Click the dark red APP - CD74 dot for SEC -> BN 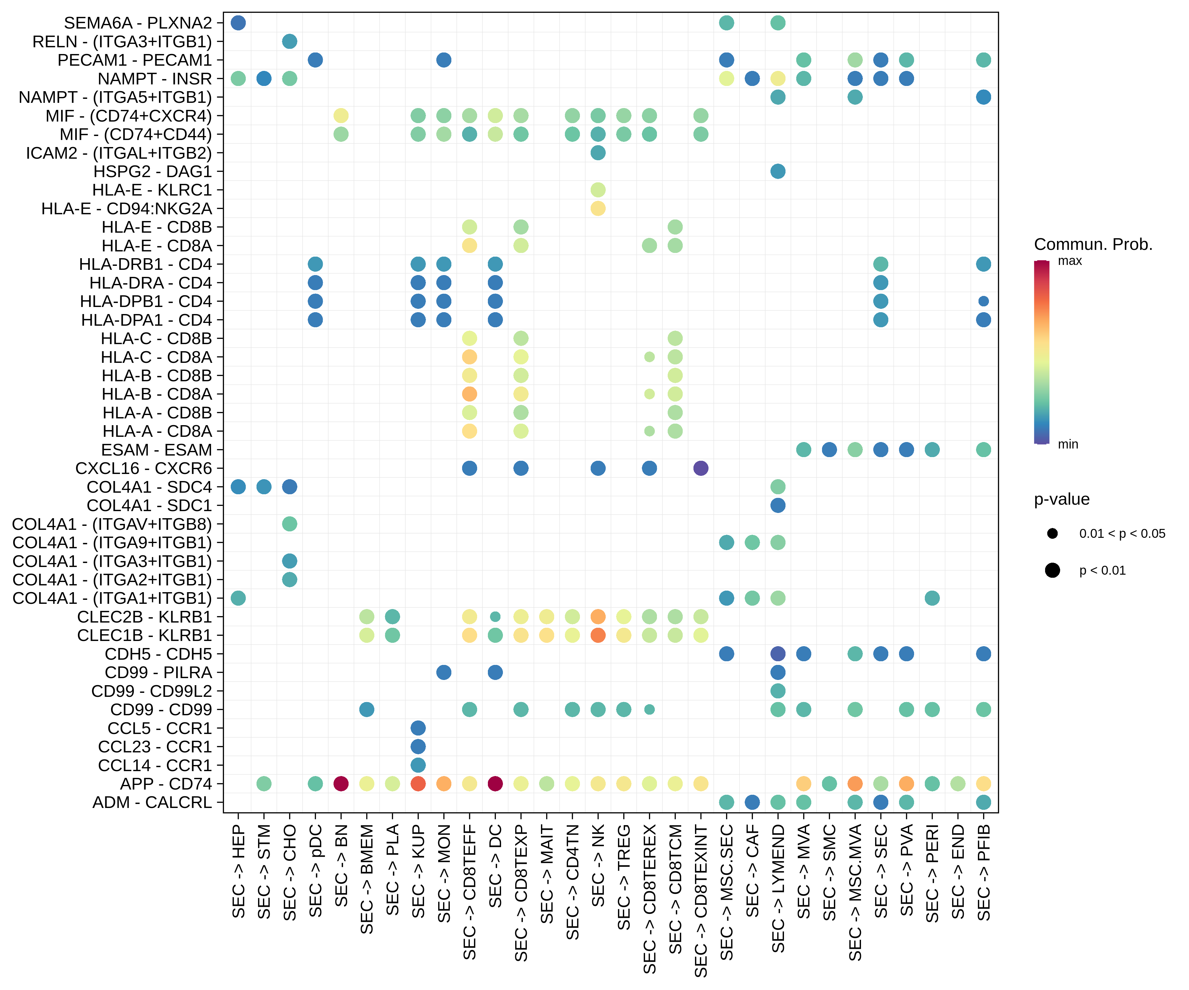341,784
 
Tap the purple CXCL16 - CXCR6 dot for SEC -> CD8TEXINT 701,468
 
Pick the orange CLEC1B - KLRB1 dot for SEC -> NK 598,635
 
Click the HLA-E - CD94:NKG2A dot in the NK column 598,208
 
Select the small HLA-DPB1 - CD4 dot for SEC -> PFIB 983,301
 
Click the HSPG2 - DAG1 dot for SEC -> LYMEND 778,172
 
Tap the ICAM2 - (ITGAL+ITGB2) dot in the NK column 598,153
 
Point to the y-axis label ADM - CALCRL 152,802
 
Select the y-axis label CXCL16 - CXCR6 143,468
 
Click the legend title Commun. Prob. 1093,245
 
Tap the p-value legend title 1062,499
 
